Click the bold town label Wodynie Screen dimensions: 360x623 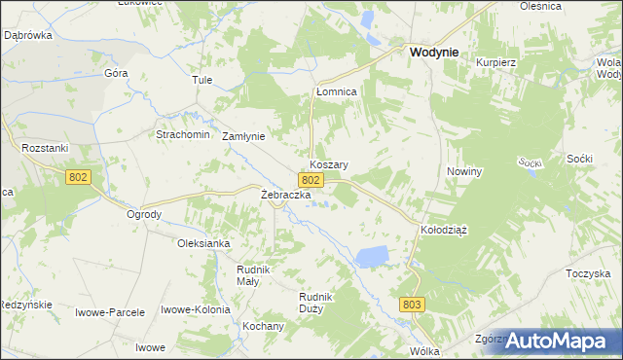point(435,55)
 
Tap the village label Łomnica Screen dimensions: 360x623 point(337,91)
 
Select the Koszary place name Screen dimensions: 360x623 point(329,165)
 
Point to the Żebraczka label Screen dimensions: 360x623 point(285,195)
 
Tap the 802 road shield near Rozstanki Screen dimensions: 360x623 point(80,177)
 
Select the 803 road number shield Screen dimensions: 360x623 point(412,305)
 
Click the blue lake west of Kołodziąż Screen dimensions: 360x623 point(371,257)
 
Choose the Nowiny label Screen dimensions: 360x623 point(464,171)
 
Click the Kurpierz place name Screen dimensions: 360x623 point(495,62)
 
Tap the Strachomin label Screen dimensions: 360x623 point(183,134)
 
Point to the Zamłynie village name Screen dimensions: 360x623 point(244,136)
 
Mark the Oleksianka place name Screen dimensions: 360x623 point(202,243)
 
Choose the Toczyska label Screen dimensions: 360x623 point(587,274)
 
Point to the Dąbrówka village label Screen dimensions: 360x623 point(27,34)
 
